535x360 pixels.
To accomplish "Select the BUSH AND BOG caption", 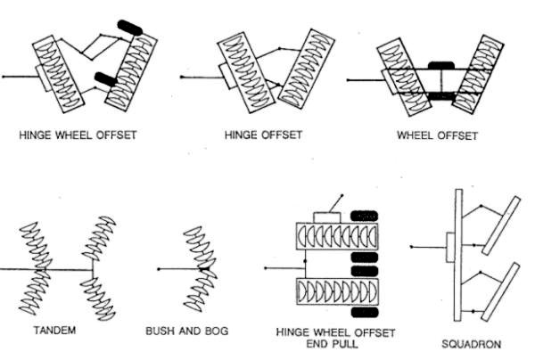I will click(x=186, y=331).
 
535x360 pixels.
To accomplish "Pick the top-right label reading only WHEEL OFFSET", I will click(x=437, y=136).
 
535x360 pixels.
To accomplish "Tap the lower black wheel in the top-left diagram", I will click(x=106, y=79).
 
